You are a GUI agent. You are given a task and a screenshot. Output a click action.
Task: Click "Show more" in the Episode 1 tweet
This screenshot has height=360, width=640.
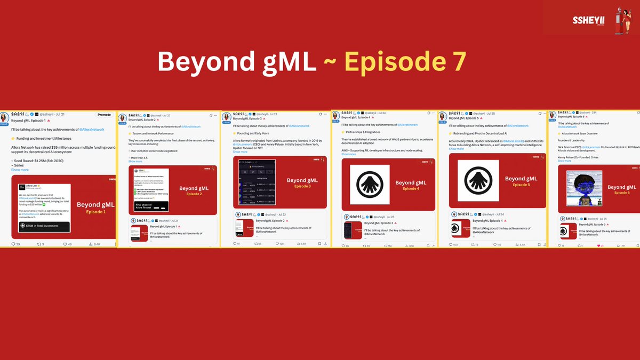point(20,170)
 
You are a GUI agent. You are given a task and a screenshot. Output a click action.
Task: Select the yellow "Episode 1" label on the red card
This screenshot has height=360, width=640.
point(96,212)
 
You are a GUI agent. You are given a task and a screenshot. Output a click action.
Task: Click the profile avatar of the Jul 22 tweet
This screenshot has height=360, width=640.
point(122,118)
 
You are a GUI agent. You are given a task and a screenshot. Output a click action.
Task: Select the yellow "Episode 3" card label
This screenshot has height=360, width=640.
point(301,186)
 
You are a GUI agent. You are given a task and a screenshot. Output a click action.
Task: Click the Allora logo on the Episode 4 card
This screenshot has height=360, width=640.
point(369,185)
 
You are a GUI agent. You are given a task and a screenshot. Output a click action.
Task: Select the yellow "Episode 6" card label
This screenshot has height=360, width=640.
point(622,193)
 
